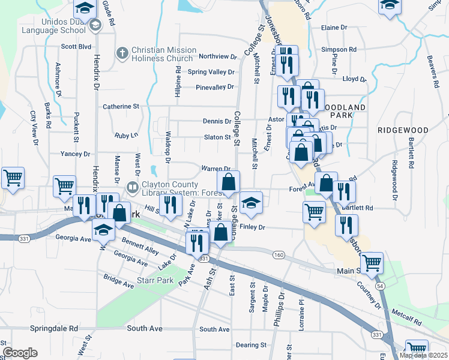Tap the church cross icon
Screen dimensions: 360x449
tap(122, 53)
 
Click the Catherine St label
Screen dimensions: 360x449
tap(121, 107)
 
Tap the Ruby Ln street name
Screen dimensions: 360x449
tap(126, 136)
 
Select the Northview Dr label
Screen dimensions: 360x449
tap(218, 56)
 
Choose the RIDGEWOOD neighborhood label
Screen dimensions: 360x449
tap(403, 130)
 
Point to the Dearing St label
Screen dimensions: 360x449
tap(251, 345)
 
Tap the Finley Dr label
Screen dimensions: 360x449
tap(252, 227)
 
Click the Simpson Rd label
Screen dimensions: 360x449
tap(339, 49)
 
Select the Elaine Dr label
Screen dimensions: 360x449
tap(334, 28)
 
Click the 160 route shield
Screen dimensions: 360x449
tap(278, 255)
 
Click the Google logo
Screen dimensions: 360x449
tap(20, 353)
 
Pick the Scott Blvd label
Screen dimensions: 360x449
tap(76, 46)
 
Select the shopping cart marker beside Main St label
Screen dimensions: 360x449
tap(372, 263)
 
